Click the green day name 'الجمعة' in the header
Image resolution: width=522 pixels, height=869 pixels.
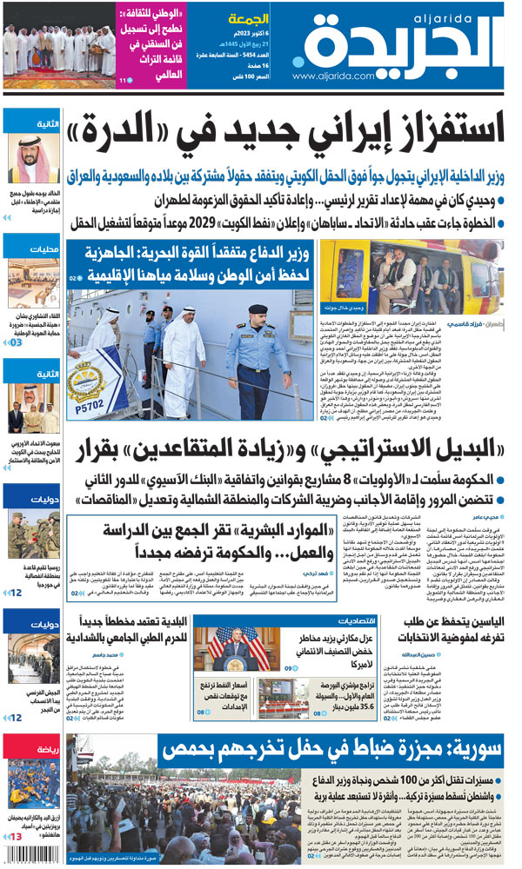(247, 18)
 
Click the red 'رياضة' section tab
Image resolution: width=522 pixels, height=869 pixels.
(39, 746)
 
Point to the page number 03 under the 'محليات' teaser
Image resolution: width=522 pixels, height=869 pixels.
(15, 343)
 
